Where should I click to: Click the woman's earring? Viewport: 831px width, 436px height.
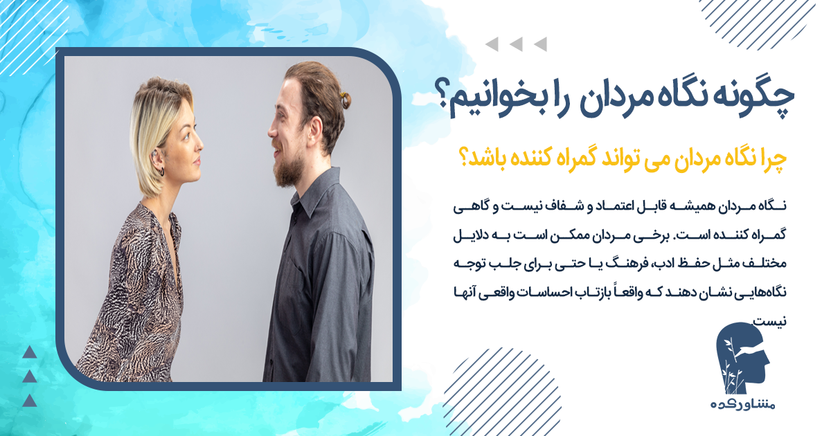[x=160, y=169]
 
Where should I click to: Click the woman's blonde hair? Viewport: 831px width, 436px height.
[x=152, y=125]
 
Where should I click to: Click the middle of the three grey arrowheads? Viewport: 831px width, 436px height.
[x=515, y=46]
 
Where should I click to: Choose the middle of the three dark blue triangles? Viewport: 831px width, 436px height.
[x=28, y=376]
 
